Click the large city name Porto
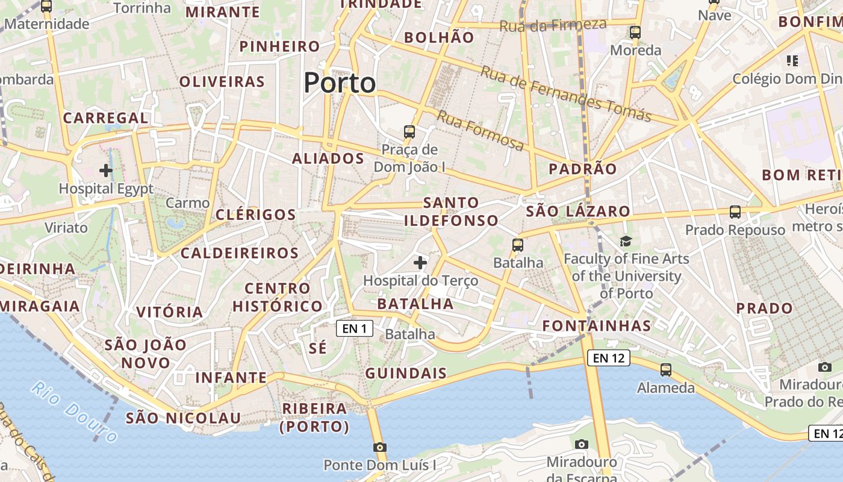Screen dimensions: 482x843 (340, 83)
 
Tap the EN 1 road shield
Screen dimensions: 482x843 (355, 328)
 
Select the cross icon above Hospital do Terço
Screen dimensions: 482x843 (420, 263)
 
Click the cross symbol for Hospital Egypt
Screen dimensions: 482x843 (106, 171)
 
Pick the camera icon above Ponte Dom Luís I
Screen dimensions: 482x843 (379, 447)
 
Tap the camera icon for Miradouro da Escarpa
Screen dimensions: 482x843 (581, 444)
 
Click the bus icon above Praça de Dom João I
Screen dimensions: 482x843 (409, 131)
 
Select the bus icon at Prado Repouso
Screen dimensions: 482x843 (735, 212)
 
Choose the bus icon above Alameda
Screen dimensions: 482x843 (665, 369)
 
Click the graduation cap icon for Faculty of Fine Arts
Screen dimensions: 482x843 (626, 242)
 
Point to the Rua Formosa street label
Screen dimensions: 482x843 (480, 131)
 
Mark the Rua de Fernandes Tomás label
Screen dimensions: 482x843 (566, 93)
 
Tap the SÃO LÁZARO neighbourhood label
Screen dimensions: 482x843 (578, 211)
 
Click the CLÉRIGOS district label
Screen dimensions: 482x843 (256, 214)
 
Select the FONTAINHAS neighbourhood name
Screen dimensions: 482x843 (597, 326)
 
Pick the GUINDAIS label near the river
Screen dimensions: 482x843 (406, 373)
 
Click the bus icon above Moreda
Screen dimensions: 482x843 (635, 33)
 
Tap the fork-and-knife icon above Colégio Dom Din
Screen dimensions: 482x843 (792, 60)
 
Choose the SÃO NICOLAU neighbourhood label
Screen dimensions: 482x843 (183, 418)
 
